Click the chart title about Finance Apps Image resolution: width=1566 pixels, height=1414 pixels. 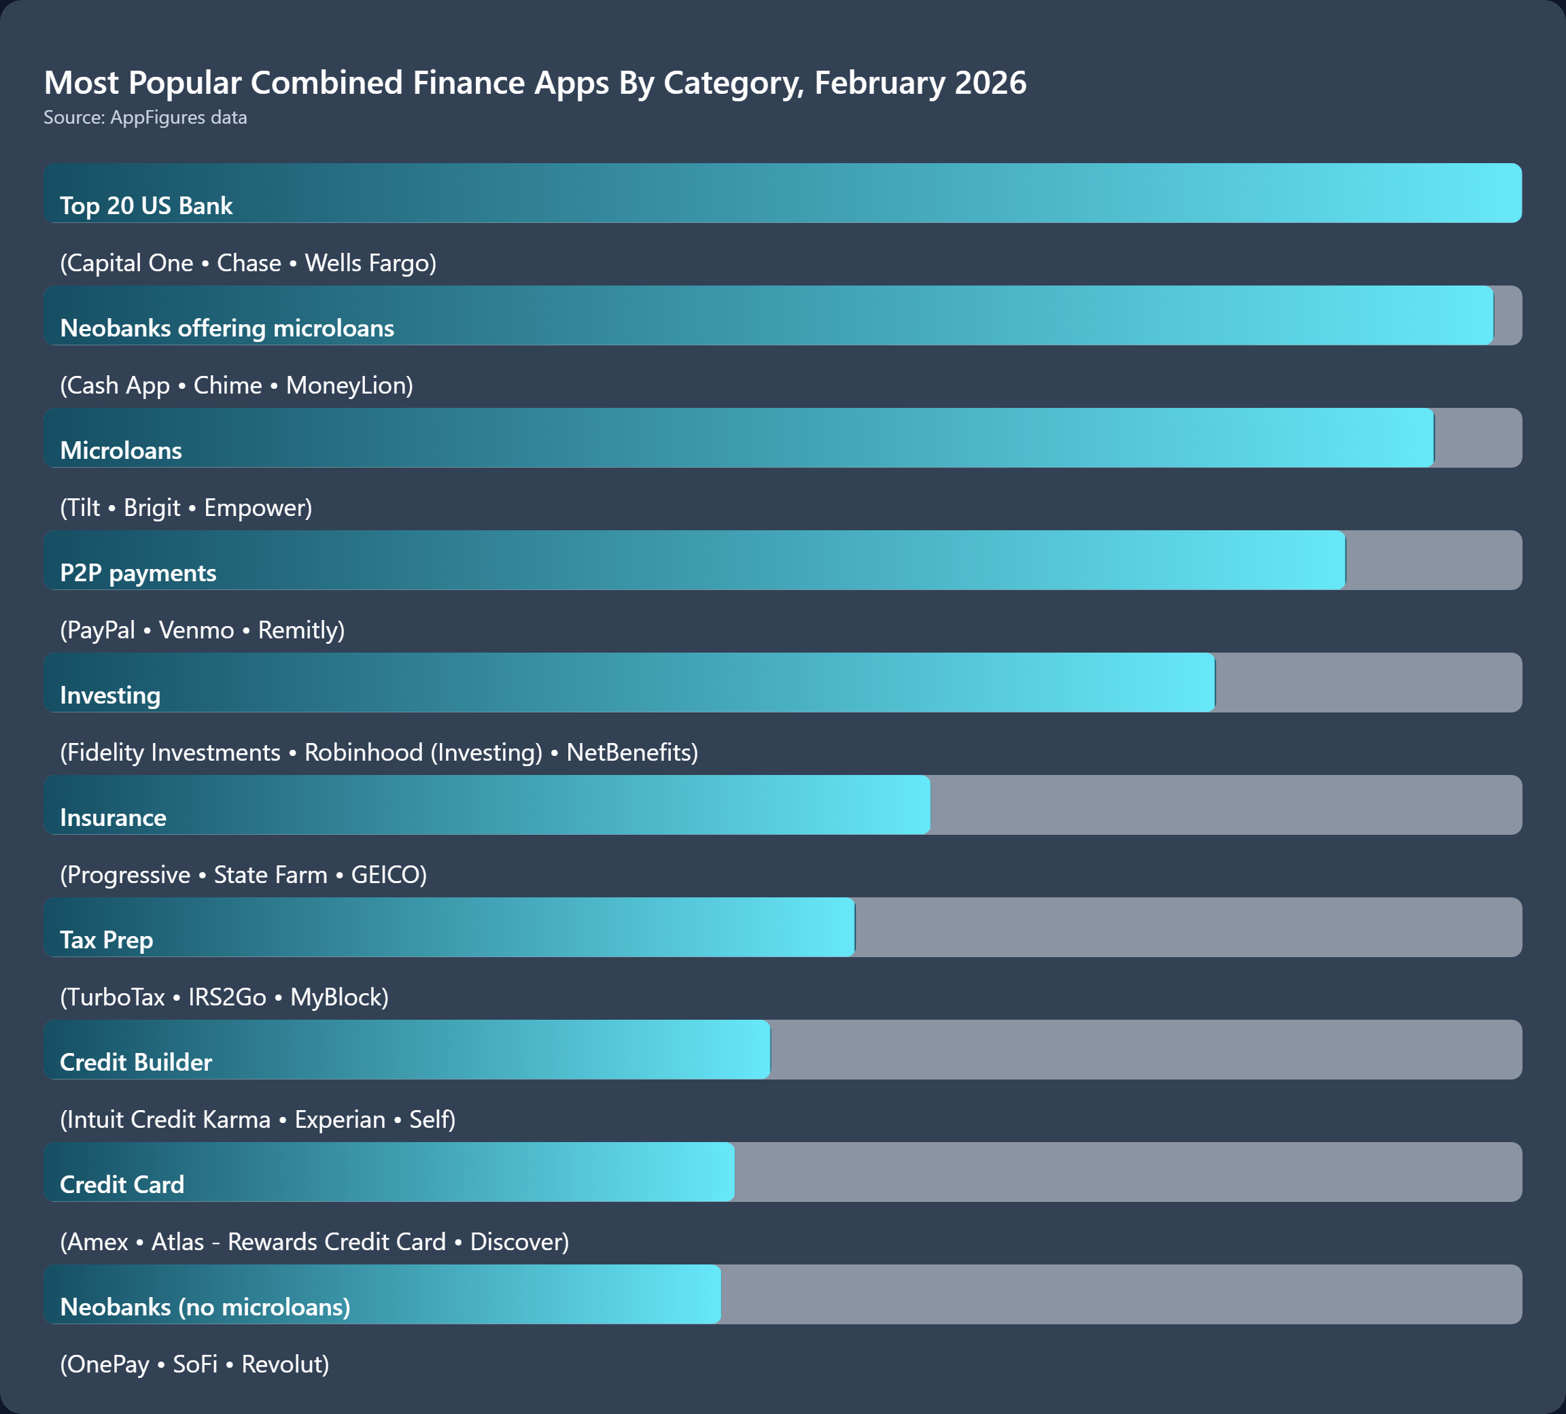tap(534, 82)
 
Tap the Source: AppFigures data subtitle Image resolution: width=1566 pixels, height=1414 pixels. tap(145, 118)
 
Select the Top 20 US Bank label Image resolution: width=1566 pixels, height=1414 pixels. tap(146, 205)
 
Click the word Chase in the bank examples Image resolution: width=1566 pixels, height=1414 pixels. tap(249, 262)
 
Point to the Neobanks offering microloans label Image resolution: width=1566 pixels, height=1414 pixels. tap(227, 328)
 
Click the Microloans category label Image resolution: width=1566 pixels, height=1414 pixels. tap(121, 451)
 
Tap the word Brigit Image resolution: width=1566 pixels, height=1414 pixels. tap(152, 507)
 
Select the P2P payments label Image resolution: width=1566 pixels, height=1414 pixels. tap(138, 572)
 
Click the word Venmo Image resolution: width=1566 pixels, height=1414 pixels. tap(196, 630)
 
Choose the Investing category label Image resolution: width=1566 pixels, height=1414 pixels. tap(110, 695)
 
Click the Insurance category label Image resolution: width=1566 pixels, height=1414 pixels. tap(114, 817)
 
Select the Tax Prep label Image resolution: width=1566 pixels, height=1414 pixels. tap(107, 940)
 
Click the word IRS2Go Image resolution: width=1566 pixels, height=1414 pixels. tap(227, 997)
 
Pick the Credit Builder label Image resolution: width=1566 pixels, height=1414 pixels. tap(136, 1062)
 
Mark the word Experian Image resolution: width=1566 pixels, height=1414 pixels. tap(339, 1120)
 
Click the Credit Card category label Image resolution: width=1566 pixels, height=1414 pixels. tap(122, 1185)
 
